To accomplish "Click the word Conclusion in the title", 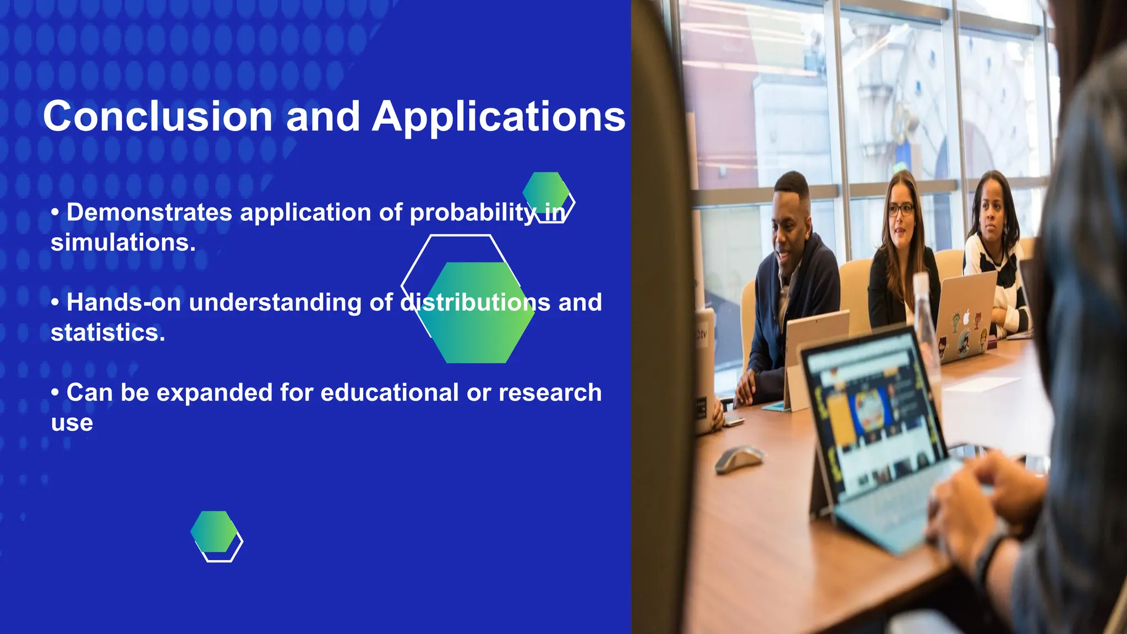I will pyautogui.click(x=157, y=117).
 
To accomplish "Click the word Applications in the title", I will pyautogui.click(x=499, y=117).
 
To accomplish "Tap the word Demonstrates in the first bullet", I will pyautogui.click(x=149, y=212).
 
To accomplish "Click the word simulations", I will pyautogui.click(x=123, y=243).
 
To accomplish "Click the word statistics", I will pyautogui.click(x=108, y=333).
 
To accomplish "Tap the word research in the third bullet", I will pyautogui.click(x=550, y=393).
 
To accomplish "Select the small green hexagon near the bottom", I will pyautogui.click(x=214, y=531).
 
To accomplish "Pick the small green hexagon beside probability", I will pyautogui.click(x=545, y=190).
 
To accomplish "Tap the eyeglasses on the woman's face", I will pyautogui.click(x=901, y=210).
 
